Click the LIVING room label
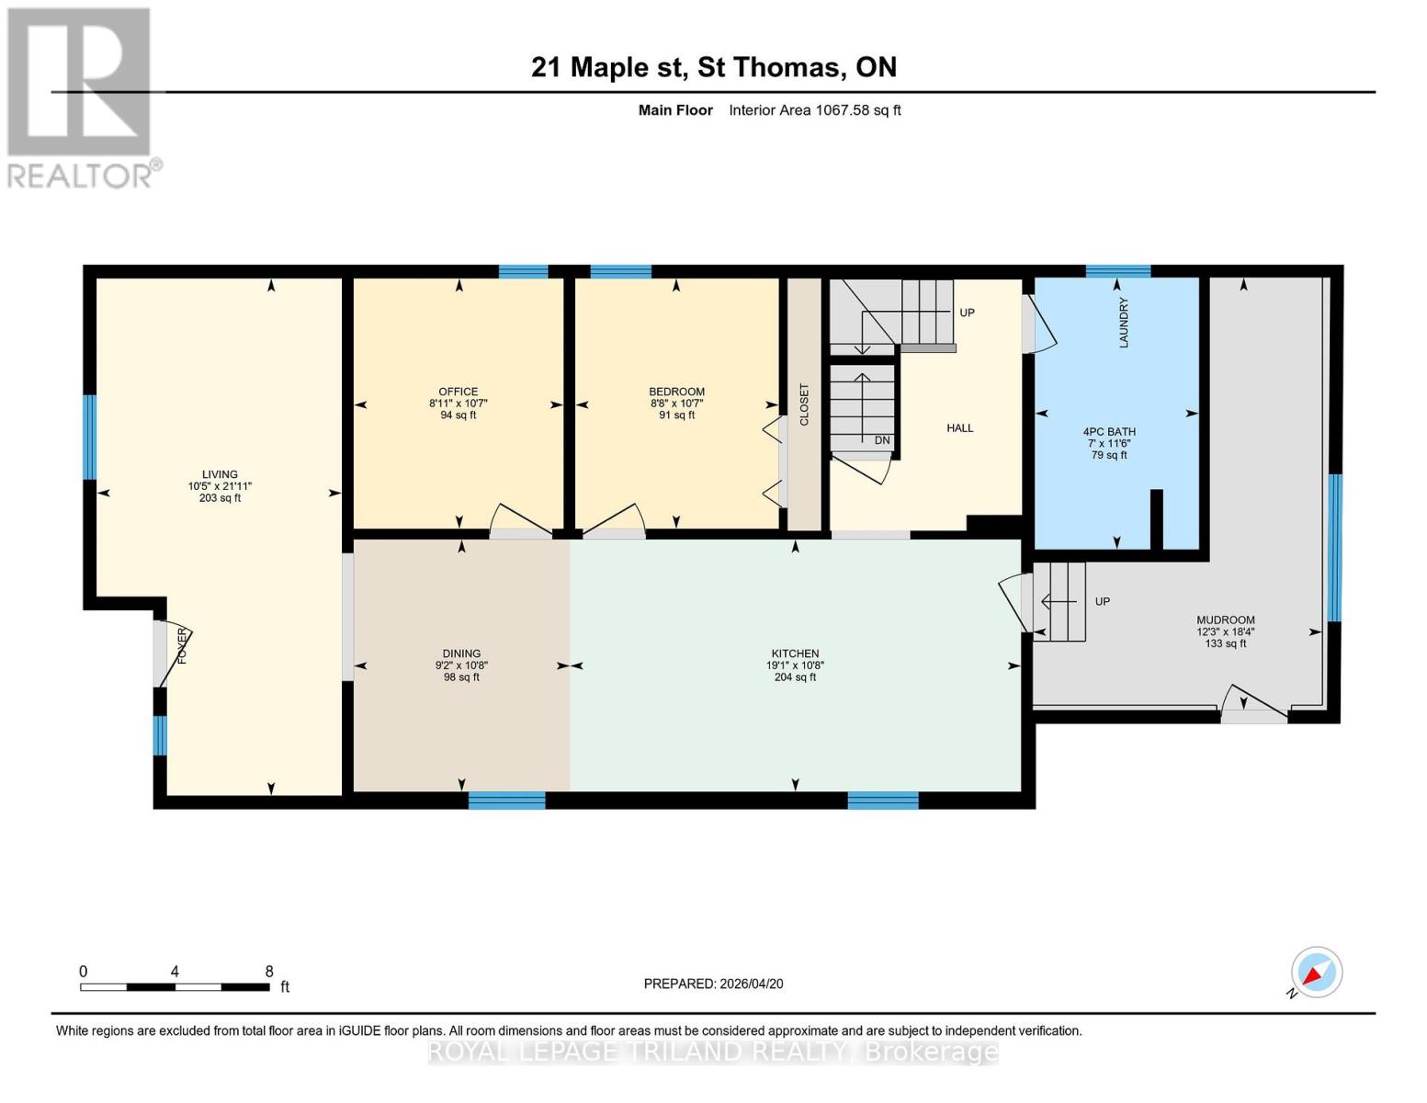220,474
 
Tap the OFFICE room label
458,392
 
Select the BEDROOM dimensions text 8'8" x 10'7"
676,404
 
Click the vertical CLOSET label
804,404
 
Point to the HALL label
959,428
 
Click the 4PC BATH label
1109,431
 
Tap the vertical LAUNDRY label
1123,323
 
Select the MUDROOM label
1225,620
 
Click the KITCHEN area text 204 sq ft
795,677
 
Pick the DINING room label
461,654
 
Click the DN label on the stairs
881,440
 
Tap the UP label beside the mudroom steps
1102,602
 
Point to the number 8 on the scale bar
268,972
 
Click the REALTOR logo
81,97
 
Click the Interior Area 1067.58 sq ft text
814,110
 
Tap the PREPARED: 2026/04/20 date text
713,984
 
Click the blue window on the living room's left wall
89,438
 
